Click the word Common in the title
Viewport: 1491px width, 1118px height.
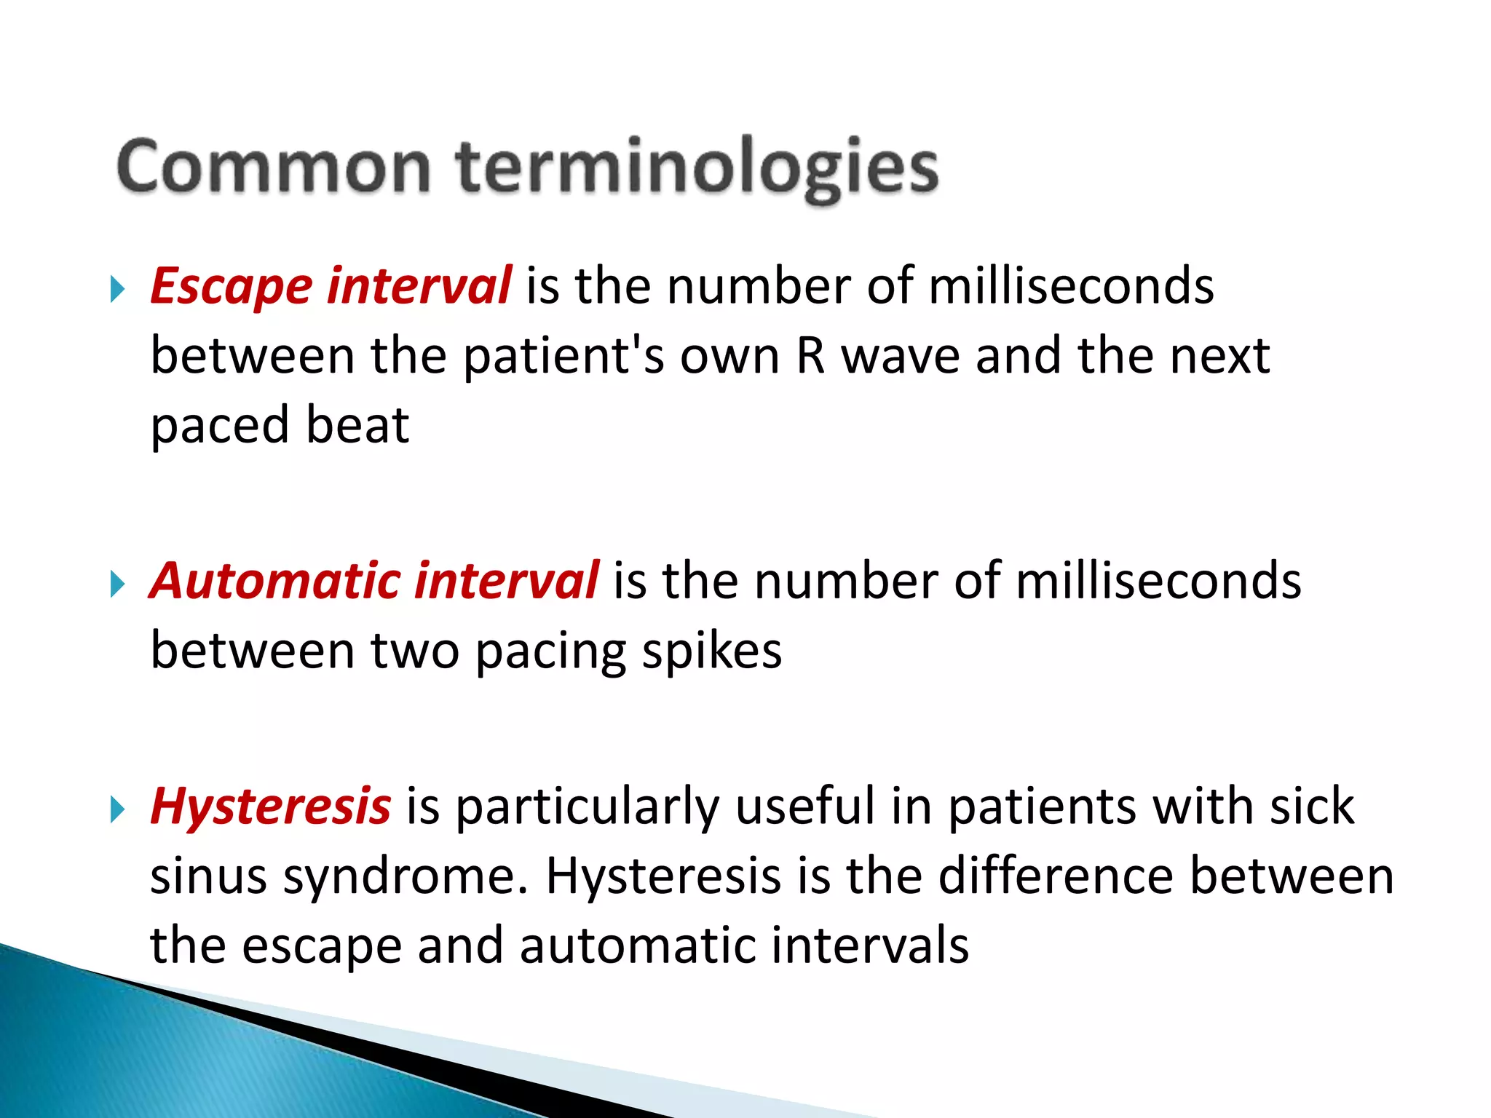click(273, 168)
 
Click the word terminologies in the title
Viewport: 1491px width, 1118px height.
click(697, 168)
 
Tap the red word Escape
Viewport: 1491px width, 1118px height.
click(231, 285)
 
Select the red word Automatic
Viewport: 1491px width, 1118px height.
click(275, 581)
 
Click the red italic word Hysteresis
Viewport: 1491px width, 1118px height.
click(270, 806)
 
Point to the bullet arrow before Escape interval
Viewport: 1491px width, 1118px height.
click(117, 289)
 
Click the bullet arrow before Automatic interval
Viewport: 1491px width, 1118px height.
click(117, 584)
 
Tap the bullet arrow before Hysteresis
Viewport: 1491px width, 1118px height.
click(117, 809)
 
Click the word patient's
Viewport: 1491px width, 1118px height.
click(563, 356)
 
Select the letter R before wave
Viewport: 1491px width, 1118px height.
click(810, 356)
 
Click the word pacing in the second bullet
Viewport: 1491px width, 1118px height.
click(550, 651)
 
